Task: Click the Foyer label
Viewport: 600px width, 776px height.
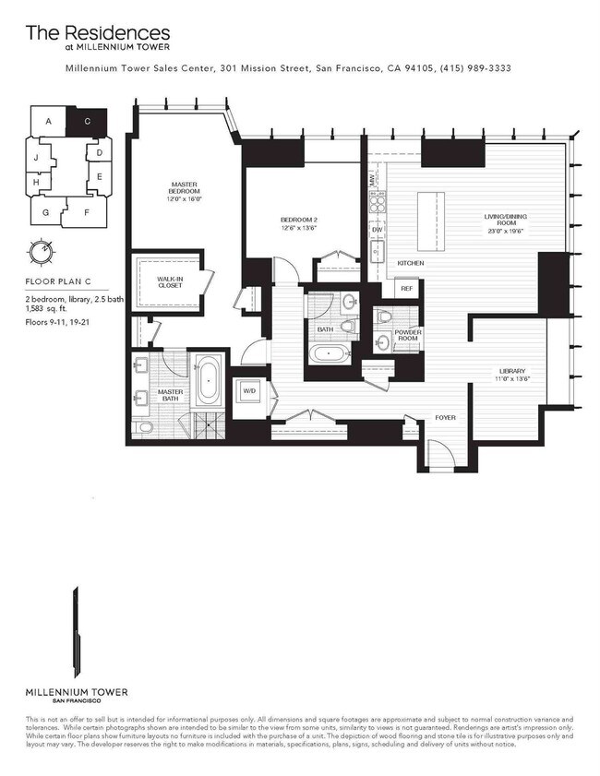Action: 446,418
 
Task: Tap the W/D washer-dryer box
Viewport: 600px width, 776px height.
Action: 249,391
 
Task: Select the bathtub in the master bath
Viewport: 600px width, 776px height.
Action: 207,383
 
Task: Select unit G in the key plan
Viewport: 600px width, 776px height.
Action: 45,211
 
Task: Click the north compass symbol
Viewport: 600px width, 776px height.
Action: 40,251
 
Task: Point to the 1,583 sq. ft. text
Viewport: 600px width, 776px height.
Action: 46,311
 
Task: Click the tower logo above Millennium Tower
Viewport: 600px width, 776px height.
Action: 77,637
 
